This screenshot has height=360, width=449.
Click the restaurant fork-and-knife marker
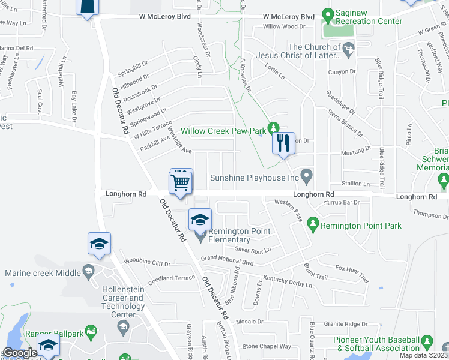coord(284,143)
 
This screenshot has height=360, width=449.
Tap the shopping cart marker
coord(181,181)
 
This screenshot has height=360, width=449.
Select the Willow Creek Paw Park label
coord(223,130)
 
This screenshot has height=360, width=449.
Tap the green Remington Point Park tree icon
coord(312,225)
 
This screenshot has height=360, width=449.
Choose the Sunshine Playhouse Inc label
coord(255,178)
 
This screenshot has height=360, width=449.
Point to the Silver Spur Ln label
coord(253,249)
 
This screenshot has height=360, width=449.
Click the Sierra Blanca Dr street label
coord(346,116)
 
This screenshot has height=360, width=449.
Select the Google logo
coord(20,353)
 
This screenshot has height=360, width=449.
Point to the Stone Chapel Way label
coord(267,346)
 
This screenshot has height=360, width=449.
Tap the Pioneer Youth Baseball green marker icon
coord(427,340)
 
